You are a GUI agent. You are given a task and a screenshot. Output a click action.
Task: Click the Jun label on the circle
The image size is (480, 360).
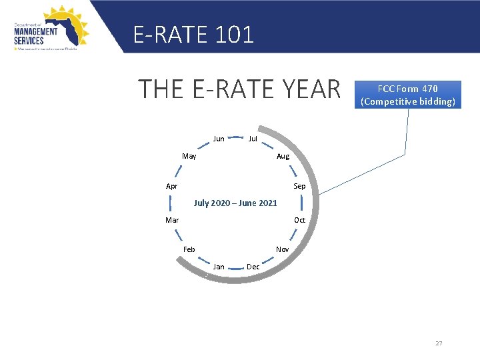coord(219,139)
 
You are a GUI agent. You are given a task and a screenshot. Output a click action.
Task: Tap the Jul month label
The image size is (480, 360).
coord(253,139)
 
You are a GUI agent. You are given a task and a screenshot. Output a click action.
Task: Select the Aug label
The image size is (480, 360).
coord(283,156)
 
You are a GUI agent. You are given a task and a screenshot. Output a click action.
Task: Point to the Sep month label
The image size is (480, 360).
coord(299,186)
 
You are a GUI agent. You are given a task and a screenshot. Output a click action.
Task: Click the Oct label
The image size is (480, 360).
coord(300,220)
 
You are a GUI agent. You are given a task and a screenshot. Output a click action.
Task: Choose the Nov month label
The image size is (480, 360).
coord(283,249)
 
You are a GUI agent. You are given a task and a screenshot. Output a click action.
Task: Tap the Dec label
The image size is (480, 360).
coord(253,267)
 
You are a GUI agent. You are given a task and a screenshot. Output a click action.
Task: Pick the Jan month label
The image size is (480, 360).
coord(219,267)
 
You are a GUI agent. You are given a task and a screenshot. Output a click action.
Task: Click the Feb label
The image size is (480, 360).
coord(189,249)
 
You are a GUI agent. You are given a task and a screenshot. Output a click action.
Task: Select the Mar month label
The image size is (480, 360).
coord(172,220)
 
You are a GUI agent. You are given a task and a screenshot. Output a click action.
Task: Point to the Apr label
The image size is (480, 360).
coord(172,186)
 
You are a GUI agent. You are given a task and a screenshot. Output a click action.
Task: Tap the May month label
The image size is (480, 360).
coord(189,156)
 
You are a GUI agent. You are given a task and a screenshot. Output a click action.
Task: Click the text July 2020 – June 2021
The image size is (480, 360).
coord(235,203)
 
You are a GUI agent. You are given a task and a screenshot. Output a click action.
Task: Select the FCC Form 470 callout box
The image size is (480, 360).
coord(408,95)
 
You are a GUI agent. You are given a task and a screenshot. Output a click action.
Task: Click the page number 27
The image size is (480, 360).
coord(439,343)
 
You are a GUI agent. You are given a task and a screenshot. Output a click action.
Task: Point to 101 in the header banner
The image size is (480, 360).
coord(235,35)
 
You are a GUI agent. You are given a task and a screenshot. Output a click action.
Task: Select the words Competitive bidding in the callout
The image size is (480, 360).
coord(408,102)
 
